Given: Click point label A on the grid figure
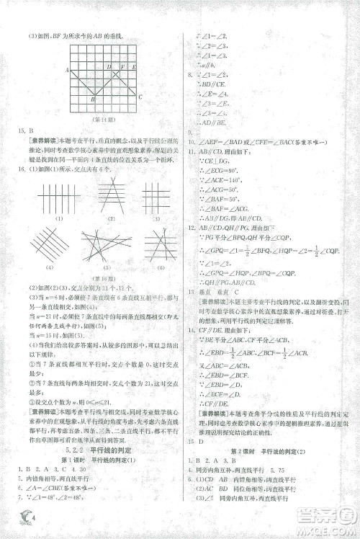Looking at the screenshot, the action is (67, 70).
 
